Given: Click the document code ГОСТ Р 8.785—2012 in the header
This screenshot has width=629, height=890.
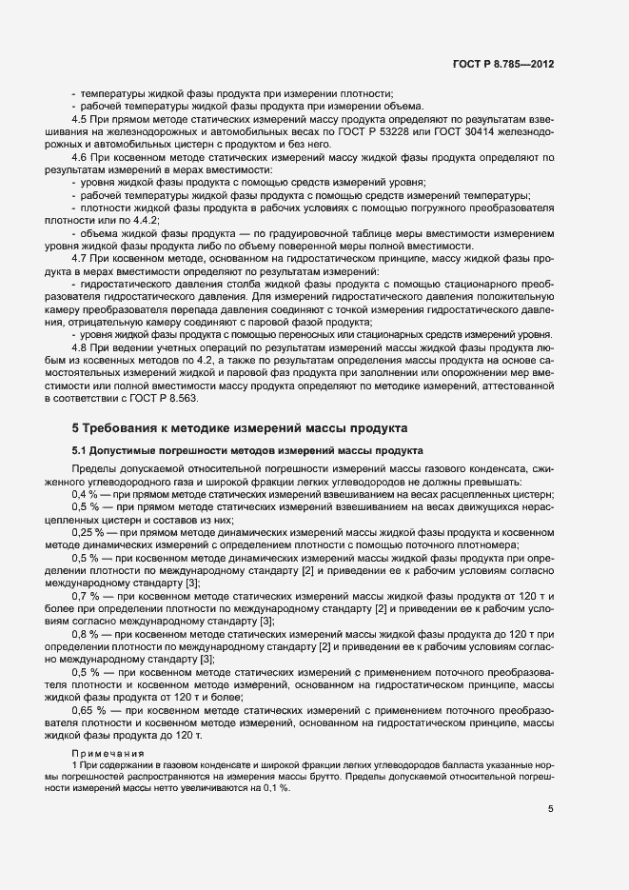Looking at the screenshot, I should tap(502, 64).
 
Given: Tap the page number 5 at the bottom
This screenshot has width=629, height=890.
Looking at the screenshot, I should tap(551, 809).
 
